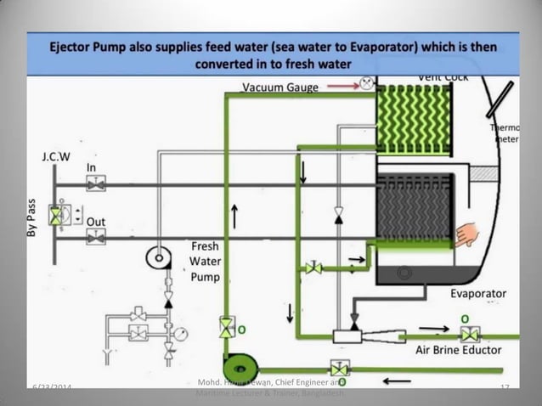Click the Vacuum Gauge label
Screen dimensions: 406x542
point(281,87)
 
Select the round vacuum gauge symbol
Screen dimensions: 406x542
point(366,84)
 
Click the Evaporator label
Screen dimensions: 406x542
point(478,294)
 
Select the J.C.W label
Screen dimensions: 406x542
point(56,158)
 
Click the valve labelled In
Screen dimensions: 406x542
point(97,184)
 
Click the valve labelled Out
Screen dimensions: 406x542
point(97,239)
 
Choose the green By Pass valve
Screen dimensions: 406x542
point(56,216)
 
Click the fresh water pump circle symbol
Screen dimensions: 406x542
point(159,257)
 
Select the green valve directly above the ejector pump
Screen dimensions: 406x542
point(226,326)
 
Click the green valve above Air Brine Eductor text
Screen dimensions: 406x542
point(469,334)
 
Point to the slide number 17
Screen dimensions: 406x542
point(504,388)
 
